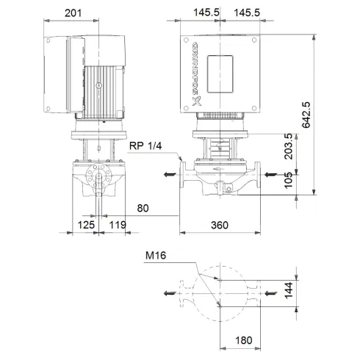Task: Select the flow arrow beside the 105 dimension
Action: pos(271,174)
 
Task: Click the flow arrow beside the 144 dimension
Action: pos(271,293)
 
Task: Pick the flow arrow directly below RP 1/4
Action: pos(170,175)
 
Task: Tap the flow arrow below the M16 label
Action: pos(170,294)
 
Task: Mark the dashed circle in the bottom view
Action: pos(220,292)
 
